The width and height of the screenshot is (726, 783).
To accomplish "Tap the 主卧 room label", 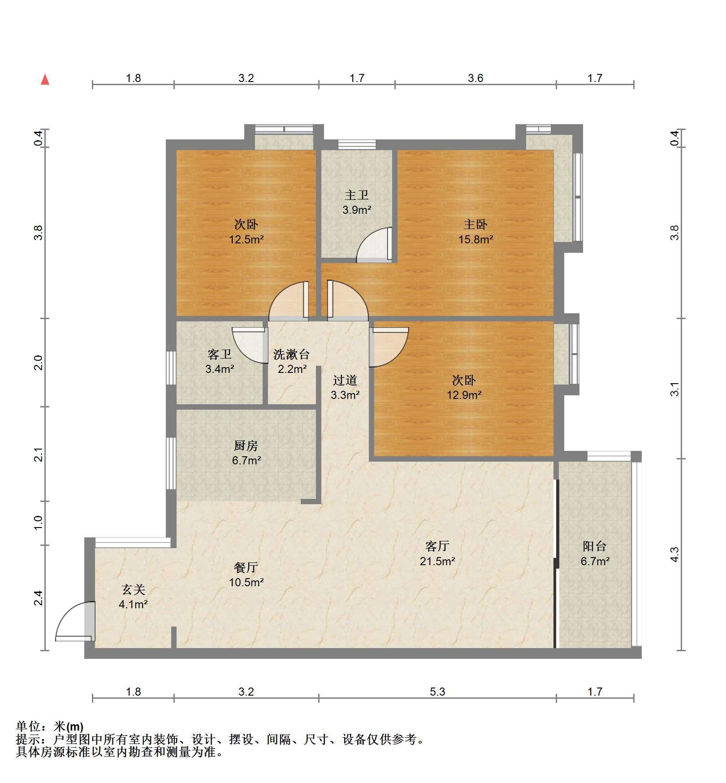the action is pos(475,224).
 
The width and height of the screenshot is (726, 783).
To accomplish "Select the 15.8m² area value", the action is pos(475,239).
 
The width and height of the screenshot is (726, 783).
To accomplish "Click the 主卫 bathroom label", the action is pos(357,195).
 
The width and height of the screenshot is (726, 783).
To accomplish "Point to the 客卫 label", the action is pos(220,355).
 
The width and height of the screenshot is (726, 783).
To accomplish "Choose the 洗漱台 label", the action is pos(292,355).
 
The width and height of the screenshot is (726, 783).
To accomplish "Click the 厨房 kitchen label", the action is pos(246,446).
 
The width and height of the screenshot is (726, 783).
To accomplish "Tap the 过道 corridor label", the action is pos(345,380).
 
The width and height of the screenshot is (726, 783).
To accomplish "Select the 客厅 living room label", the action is pos(437,546).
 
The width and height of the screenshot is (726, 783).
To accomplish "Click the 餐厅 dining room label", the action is pos(246,567).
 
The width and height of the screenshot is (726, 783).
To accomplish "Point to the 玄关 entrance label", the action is pos(134,590).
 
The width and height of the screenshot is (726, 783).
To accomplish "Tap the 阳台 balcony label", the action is pos(595,546).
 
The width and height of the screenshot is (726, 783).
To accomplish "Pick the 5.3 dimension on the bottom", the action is pos(437,692).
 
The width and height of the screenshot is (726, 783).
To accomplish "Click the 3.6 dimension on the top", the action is pos(475,78).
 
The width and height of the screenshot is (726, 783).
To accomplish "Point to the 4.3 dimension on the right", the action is pos(674,554).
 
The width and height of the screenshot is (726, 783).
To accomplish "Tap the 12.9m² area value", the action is pos(464,395).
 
